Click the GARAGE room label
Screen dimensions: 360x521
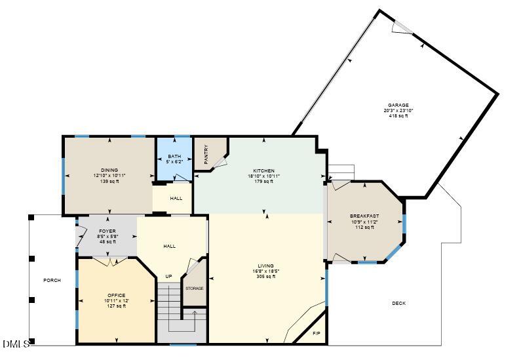[x=398, y=105]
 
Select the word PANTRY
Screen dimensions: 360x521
[x=206, y=155]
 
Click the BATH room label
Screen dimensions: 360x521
[x=173, y=155]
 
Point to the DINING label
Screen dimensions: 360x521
[x=109, y=170]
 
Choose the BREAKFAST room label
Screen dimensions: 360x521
[x=364, y=216]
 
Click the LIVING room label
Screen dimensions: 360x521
[x=265, y=266]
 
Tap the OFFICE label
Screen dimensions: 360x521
[x=116, y=295]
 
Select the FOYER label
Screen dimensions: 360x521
[x=107, y=231]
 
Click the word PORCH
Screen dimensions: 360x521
[x=52, y=281]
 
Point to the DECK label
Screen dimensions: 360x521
[x=398, y=303]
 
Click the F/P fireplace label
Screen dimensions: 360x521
[x=317, y=334]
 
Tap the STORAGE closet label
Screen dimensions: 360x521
[x=194, y=288]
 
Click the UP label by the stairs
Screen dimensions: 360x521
[x=168, y=276]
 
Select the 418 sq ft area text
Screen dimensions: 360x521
[x=398, y=116]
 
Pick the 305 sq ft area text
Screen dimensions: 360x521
[x=265, y=277]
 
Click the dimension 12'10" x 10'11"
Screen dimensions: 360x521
[x=109, y=176]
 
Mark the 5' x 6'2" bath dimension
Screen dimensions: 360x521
[x=173, y=161]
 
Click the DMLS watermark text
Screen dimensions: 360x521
[x=16, y=344]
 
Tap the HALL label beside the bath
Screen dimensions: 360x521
[x=176, y=198]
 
